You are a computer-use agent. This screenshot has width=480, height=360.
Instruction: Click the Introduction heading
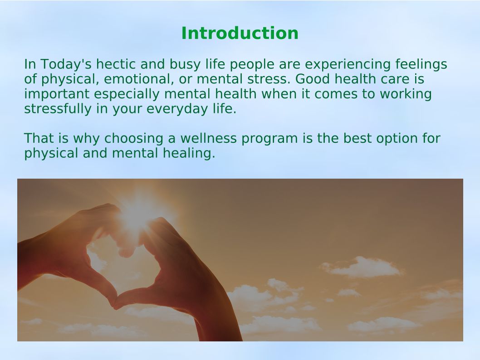(240, 33)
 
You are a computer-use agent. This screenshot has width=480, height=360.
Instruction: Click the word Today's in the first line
(66, 65)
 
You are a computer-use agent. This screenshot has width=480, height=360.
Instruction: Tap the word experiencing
(348, 65)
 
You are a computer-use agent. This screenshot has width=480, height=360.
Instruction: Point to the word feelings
(421, 65)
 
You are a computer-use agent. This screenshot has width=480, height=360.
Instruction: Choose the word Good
(313, 79)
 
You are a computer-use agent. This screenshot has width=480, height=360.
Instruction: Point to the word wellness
(209, 138)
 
